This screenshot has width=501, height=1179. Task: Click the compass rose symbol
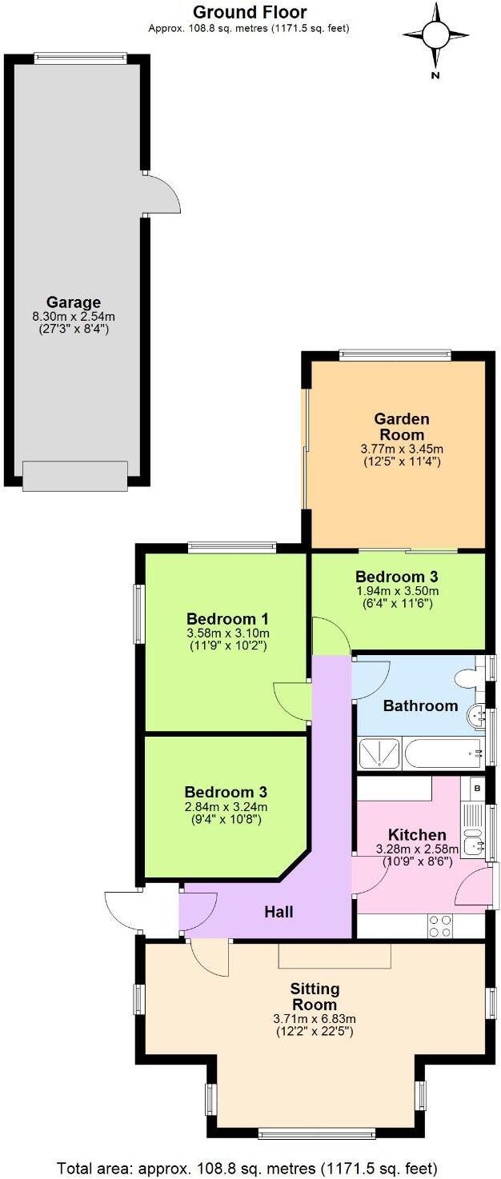pyautogui.click(x=435, y=35)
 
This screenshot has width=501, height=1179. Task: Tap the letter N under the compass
pyautogui.click(x=435, y=76)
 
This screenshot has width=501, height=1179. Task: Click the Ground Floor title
pyautogui.click(x=249, y=12)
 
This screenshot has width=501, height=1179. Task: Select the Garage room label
pyautogui.click(x=73, y=302)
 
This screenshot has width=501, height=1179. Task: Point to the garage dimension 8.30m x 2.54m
pyautogui.click(x=73, y=317)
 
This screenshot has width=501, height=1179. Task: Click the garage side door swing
pyautogui.click(x=160, y=194)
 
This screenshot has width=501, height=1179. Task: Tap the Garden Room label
pyautogui.click(x=402, y=426)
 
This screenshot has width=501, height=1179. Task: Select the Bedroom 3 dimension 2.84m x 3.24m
pyautogui.click(x=226, y=806)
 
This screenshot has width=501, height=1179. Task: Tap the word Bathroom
pyautogui.click(x=420, y=705)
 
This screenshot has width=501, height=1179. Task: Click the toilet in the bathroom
pyautogui.click(x=467, y=678)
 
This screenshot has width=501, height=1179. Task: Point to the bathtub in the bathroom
pyautogui.click(x=441, y=753)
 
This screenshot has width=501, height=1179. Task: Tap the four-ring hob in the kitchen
pyautogui.click(x=440, y=925)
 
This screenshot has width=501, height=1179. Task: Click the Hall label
pyautogui.click(x=279, y=912)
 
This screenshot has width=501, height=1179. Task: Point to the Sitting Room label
pyautogui.click(x=314, y=997)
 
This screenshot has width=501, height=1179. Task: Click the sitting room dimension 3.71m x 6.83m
pyautogui.click(x=314, y=1019)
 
